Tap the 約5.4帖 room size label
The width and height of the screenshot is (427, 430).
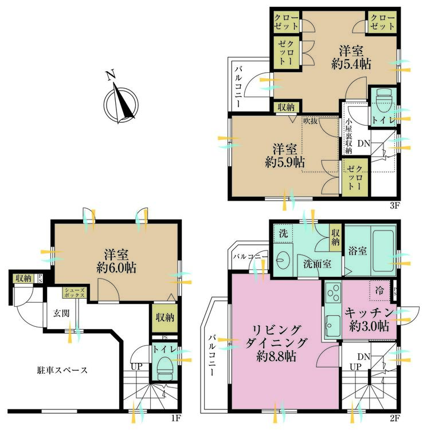pyautogui.click(x=351, y=64)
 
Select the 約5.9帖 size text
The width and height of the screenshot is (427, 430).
pyautogui.click(x=285, y=162)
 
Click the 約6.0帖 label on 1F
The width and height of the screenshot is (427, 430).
pyautogui.click(x=116, y=267)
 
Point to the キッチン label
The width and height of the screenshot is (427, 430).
pyautogui.click(x=369, y=312)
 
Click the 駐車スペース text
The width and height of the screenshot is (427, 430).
pyautogui.click(x=62, y=370)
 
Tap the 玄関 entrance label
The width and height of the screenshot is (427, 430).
pyautogui.click(x=61, y=313)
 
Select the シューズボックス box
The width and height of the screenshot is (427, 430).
pyautogui.click(x=75, y=292)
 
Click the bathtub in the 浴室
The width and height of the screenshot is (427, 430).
pyautogui.click(x=383, y=251)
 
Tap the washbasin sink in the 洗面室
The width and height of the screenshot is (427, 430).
pyautogui.click(x=281, y=259)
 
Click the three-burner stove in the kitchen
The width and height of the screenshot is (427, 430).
pyautogui.click(x=333, y=293)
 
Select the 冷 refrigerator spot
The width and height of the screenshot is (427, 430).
pyautogui.click(x=379, y=291)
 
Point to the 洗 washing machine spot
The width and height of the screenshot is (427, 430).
pyautogui.click(x=283, y=233)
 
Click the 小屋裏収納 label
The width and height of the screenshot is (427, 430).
pyautogui.click(x=348, y=136)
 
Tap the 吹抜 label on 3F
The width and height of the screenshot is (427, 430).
pyautogui.click(x=310, y=121)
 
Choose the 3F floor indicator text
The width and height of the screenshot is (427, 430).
pyautogui.click(x=394, y=205)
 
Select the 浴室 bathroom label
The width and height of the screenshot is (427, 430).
pyautogui.click(x=358, y=251)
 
